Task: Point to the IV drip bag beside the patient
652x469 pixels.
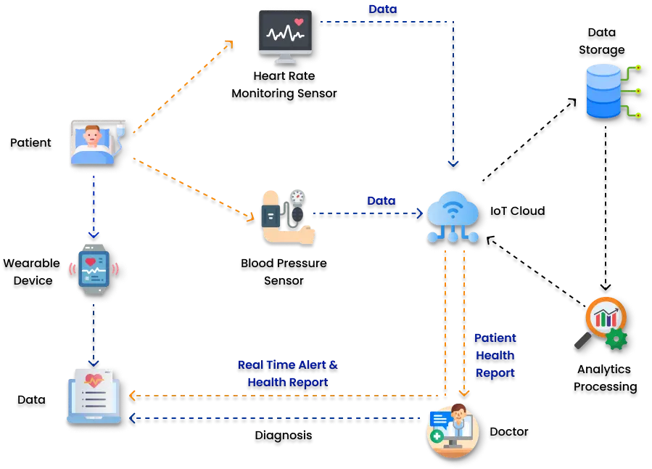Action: coord(120,131)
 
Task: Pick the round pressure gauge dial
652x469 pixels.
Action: coord(297,197)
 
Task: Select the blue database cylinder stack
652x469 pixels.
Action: coord(603,91)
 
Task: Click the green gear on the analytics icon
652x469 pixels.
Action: coord(616,338)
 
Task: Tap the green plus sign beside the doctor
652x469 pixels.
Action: coord(437,436)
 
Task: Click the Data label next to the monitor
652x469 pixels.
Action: coord(382,9)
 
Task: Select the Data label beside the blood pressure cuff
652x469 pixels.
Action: coord(381,200)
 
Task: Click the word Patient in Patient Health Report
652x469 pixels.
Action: coord(495,338)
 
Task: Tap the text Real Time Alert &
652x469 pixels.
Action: coord(287,365)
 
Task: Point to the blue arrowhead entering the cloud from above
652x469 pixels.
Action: coord(453,163)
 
